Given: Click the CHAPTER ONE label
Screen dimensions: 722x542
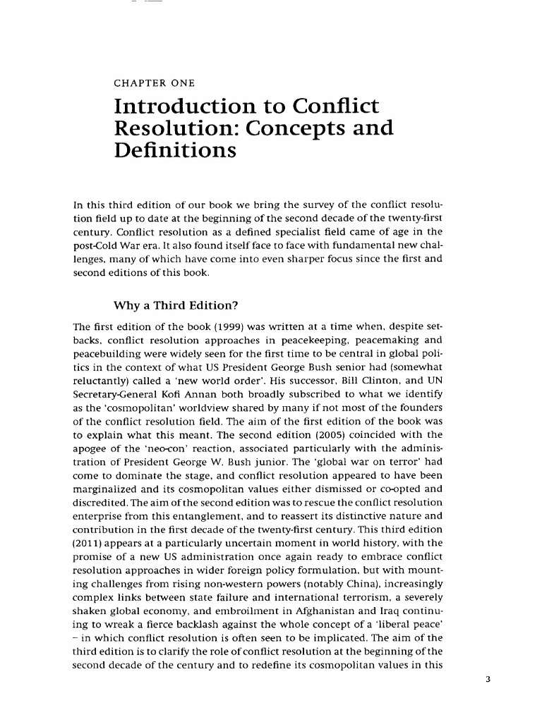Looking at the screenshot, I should [x=154, y=83].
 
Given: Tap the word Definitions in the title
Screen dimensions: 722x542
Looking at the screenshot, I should [x=174, y=150].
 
